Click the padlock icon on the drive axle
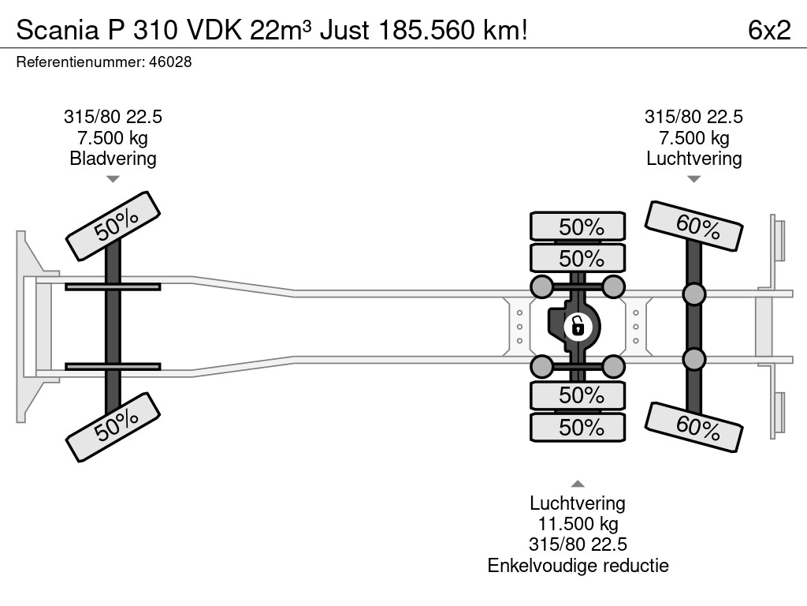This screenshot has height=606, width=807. tap(578, 325)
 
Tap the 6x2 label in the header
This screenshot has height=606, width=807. tap(768, 30)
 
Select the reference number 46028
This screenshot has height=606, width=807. tap(170, 62)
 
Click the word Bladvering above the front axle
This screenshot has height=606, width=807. tap(113, 159)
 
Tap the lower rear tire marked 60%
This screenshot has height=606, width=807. tap(694, 428)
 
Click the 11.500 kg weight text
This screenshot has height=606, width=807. tap(578, 524)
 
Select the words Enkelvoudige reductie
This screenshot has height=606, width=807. tap(578, 565)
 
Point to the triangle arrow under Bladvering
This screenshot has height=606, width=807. tap(113, 179)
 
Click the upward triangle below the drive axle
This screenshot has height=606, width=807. tap(578, 484)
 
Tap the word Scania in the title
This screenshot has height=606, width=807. tap(51, 30)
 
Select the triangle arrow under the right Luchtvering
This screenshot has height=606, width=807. tap(694, 179)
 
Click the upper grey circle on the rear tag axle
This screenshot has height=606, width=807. tap(694, 294)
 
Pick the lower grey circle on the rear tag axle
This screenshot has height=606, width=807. tap(694, 359)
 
